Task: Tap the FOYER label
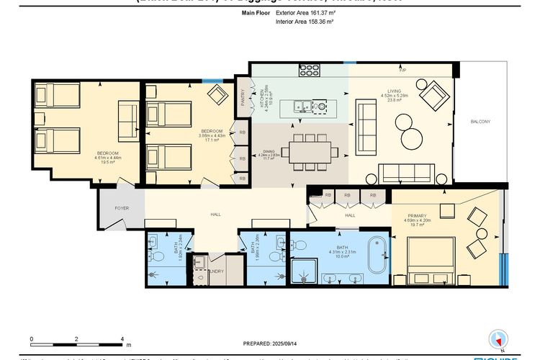point(122,207)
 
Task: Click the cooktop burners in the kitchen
point(309,70)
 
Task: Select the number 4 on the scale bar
point(122,338)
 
